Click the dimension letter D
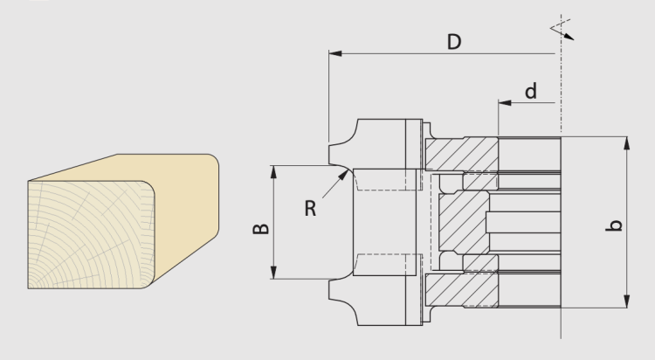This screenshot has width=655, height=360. point(454,42)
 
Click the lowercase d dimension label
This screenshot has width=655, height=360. point(530,91)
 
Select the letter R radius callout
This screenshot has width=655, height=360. point(310,208)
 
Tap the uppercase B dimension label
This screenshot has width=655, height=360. point(261,229)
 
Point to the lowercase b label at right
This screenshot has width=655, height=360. point(614,225)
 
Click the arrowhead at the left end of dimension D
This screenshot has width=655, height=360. point(335,53)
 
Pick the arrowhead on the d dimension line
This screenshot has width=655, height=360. point(505,102)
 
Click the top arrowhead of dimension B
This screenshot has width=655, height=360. point(273,172)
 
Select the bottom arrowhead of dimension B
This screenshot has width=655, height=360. point(273,273)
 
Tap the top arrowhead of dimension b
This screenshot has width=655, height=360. point(626,143)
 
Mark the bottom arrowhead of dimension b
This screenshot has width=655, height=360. point(626,301)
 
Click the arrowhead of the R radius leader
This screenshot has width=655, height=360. point(343,175)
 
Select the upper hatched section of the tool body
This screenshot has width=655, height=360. point(462,154)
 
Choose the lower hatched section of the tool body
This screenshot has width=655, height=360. point(462,290)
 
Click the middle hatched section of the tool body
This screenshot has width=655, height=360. point(464,222)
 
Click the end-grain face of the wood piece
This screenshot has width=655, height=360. point(92,234)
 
